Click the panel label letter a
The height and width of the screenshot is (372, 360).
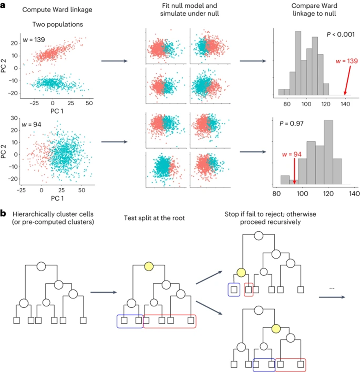click(3, 7)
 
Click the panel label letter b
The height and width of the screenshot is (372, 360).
click(3, 213)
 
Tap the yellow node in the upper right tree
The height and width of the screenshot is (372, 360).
click(241, 273)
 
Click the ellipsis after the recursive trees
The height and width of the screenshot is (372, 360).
click(332, 288)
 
